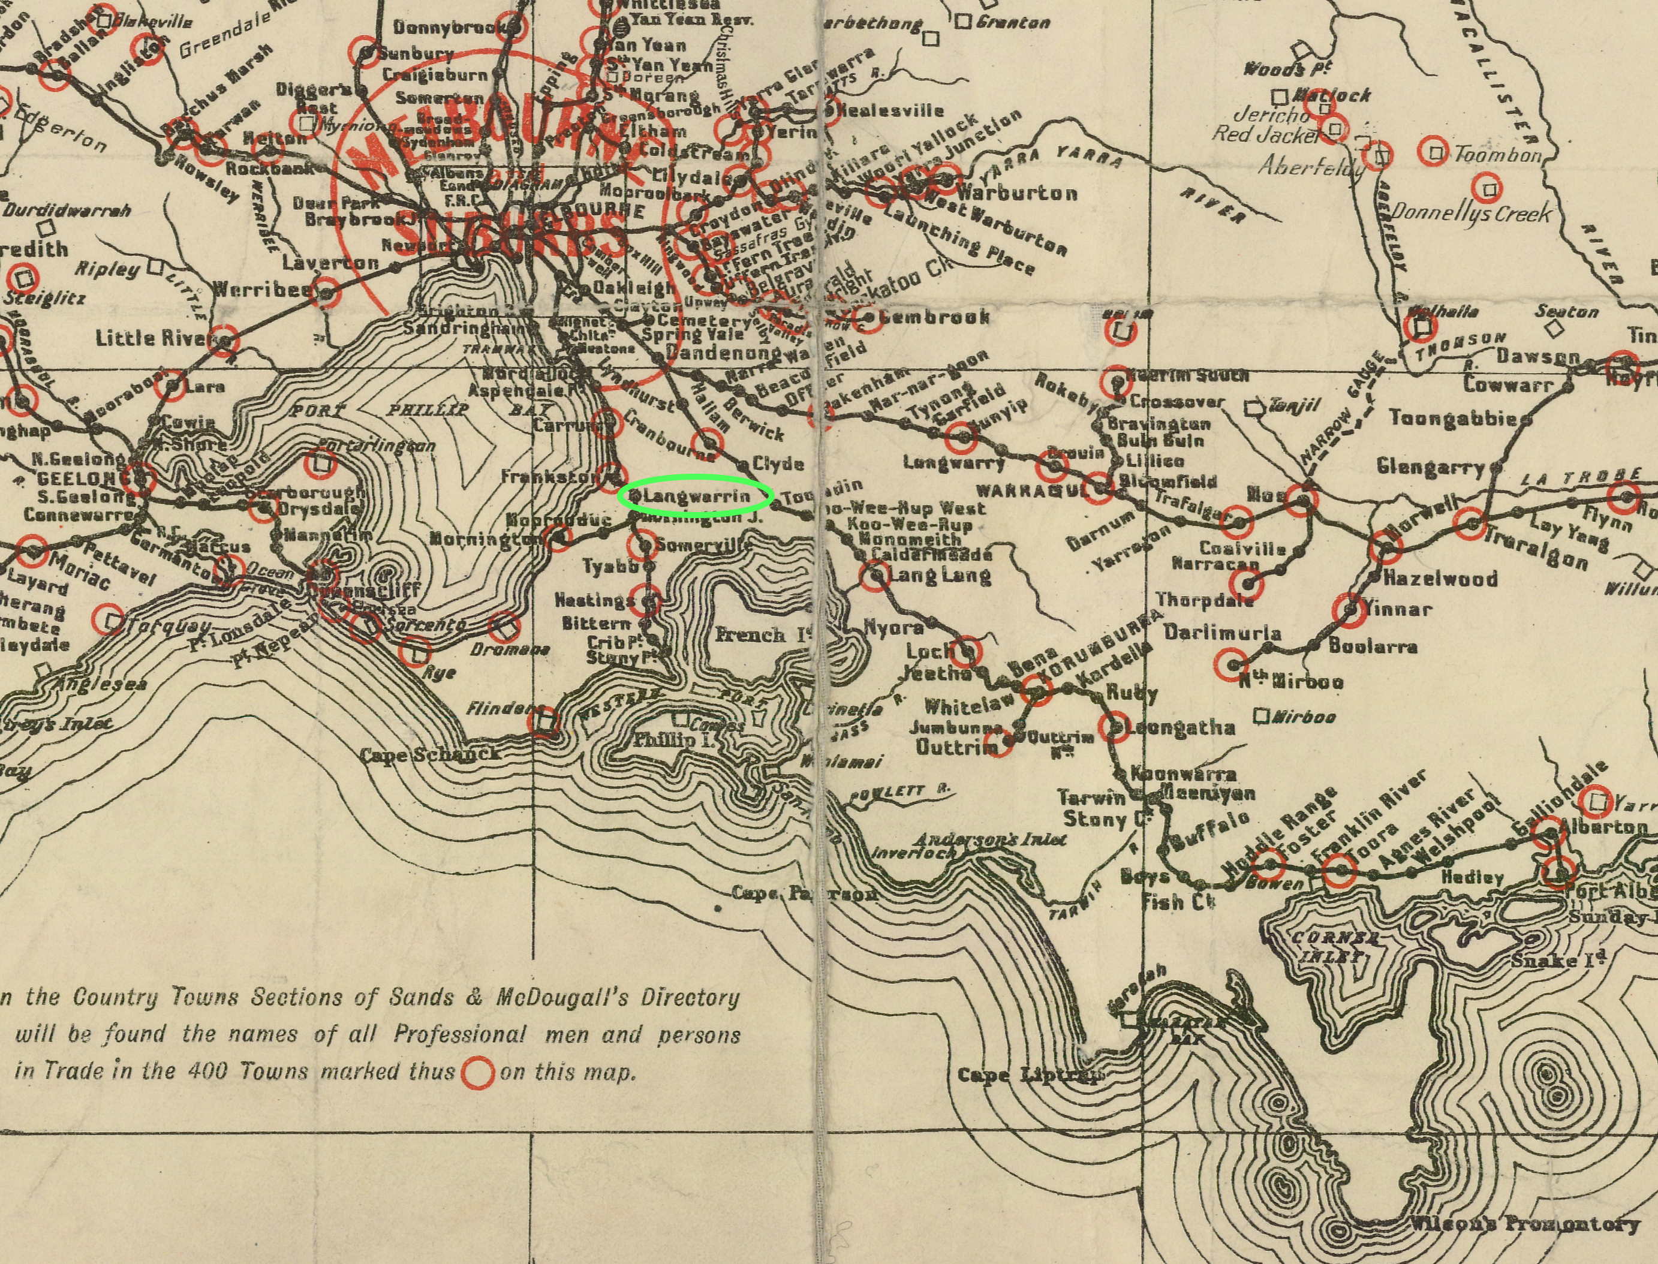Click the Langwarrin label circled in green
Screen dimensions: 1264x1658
pos(696,496)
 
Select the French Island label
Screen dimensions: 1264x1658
pos(760,634)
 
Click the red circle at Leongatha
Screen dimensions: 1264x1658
pos(1114,727)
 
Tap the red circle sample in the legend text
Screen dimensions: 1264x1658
pos(477,1072)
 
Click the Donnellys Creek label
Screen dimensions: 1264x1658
pos(1471,213)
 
